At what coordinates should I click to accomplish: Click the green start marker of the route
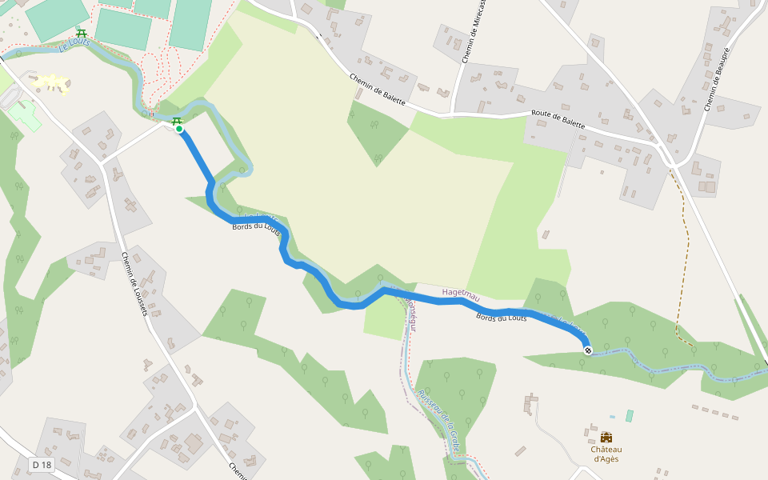pyautogui.click(x=179, y=129)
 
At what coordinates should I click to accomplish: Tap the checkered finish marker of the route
pyautogui.click(x=588, y=350)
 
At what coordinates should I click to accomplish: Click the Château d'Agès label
pyautogui.click(x=606, y=454)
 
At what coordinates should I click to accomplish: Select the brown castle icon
pyautogui.click(x=606, y=438)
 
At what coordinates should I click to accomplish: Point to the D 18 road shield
pyautogui.click(x=42, y=465)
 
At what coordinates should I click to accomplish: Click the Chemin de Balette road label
pyautogui.click(x=378, y=90)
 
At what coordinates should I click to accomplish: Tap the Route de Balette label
pyautogui.click(x=558, y=119)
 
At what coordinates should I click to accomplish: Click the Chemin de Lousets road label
pyautogui.click(x=134, y=284)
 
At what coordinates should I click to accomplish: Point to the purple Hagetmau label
pyautogui.click(x=461, y=295)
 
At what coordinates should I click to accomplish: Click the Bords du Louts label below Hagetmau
pyautogui.click(x=501, y=318)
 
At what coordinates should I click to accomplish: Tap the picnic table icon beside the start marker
pyautogui.click(x=176, y=120)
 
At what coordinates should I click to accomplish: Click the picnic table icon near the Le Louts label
pyautogui.click(x=81, y=34)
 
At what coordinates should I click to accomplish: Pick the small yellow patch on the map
pyautogui.click(x=51, y=82)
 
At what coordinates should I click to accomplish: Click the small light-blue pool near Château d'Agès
pyautogui.click(x=612, y=417)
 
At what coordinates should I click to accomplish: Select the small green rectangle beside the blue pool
pyautogui.click(x=629, y=416)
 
